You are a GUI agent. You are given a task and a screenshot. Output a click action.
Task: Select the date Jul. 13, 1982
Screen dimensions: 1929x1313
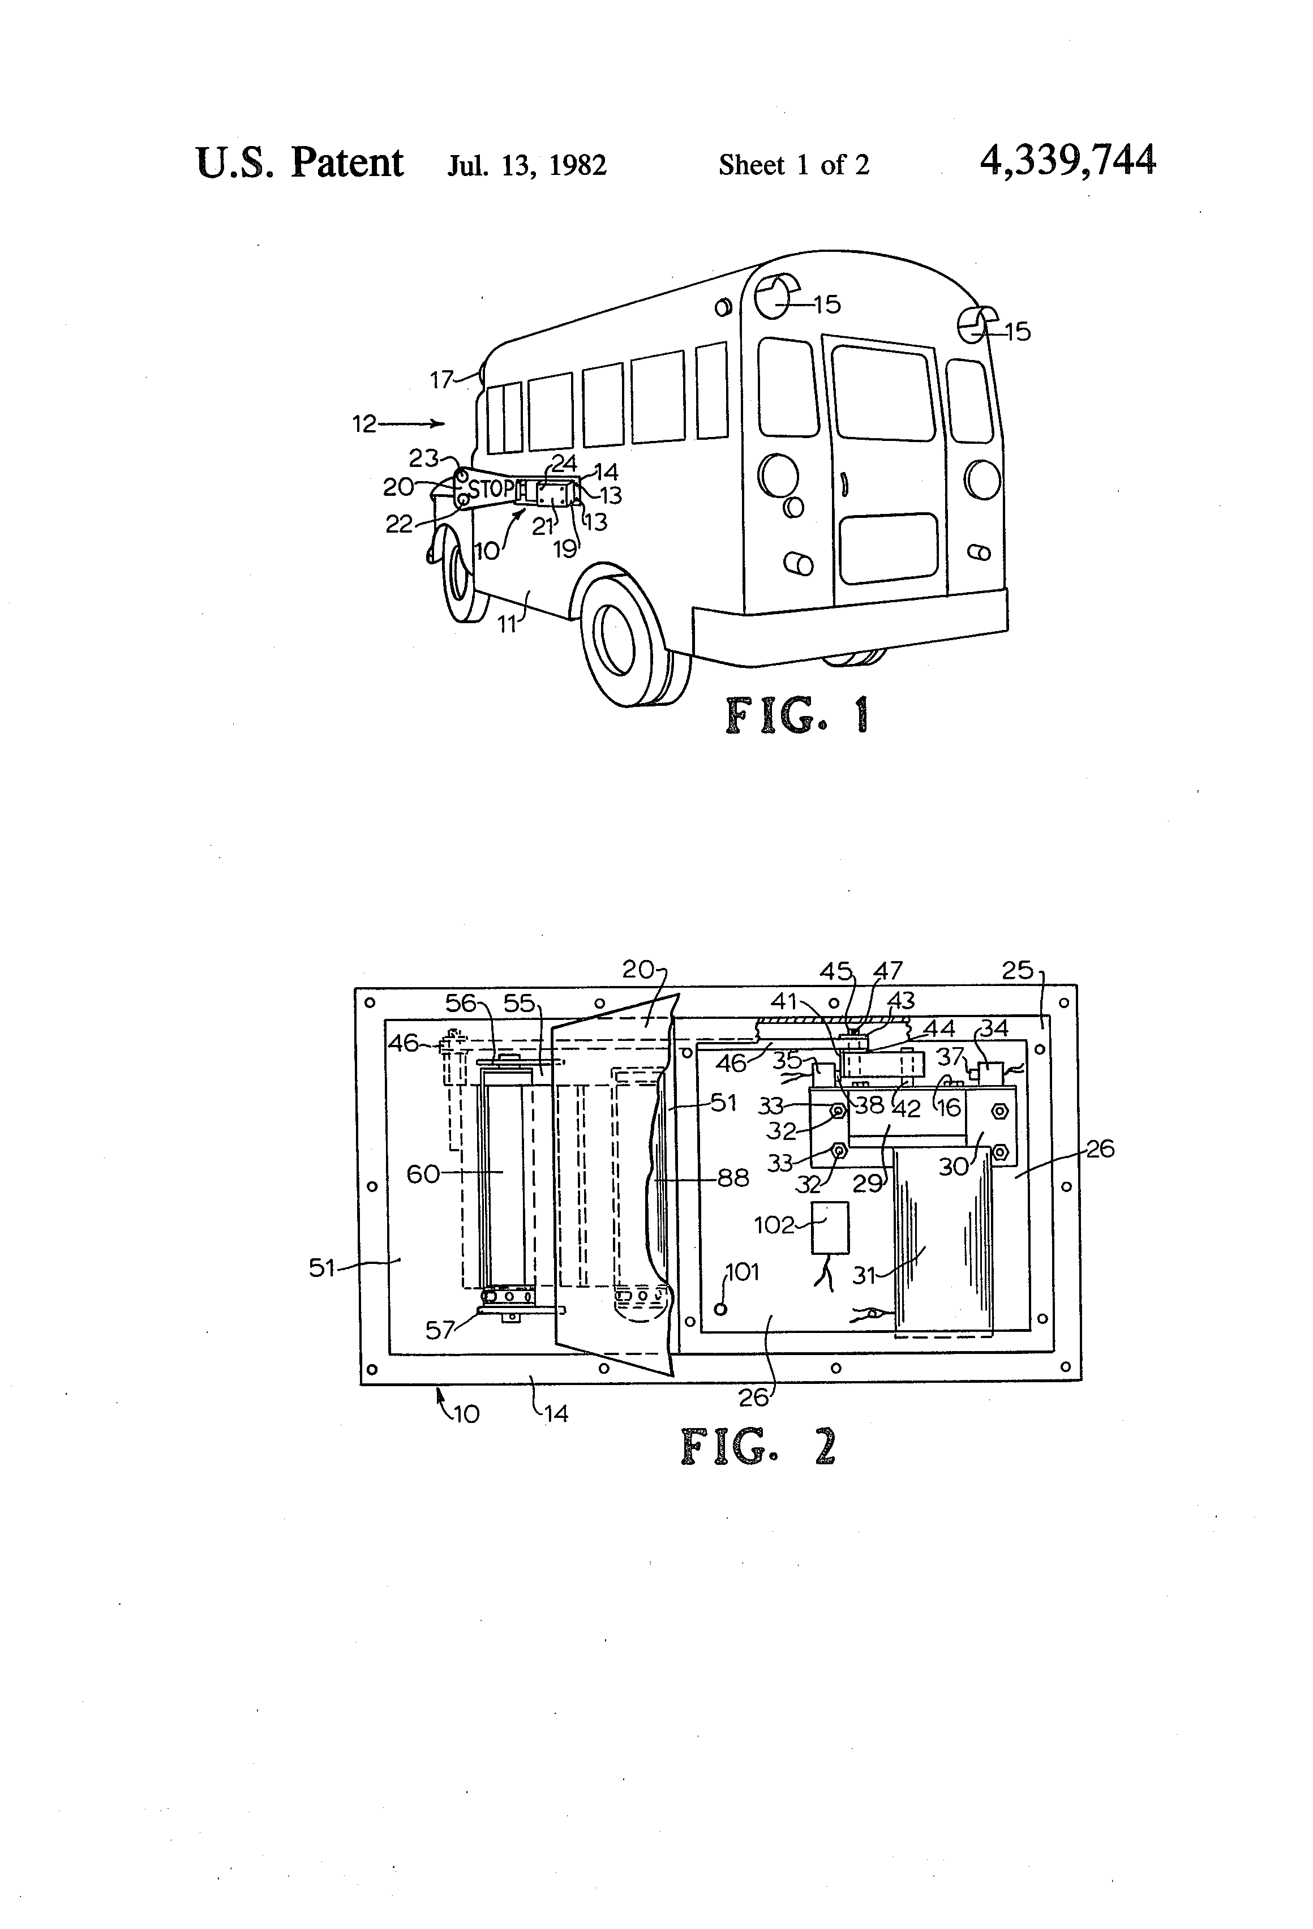[527, 165]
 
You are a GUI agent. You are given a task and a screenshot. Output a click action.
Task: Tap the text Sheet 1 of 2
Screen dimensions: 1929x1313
[793, 165]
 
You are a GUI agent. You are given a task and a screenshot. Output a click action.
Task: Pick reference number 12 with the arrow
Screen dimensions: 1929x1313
[364, 424]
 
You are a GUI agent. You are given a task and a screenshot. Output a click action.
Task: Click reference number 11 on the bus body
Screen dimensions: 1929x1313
[507, 623]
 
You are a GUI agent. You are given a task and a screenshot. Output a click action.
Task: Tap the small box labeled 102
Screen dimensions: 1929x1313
[830, 1227]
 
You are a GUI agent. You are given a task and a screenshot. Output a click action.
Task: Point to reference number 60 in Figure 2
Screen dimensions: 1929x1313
[422, 1174]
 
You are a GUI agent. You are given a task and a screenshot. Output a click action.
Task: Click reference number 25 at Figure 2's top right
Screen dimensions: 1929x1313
[1018, 970]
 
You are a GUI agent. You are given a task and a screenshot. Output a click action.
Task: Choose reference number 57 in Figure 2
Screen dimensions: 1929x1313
[440, 1330]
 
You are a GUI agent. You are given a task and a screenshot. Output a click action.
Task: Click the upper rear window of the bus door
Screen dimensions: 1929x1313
[882, 393]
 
